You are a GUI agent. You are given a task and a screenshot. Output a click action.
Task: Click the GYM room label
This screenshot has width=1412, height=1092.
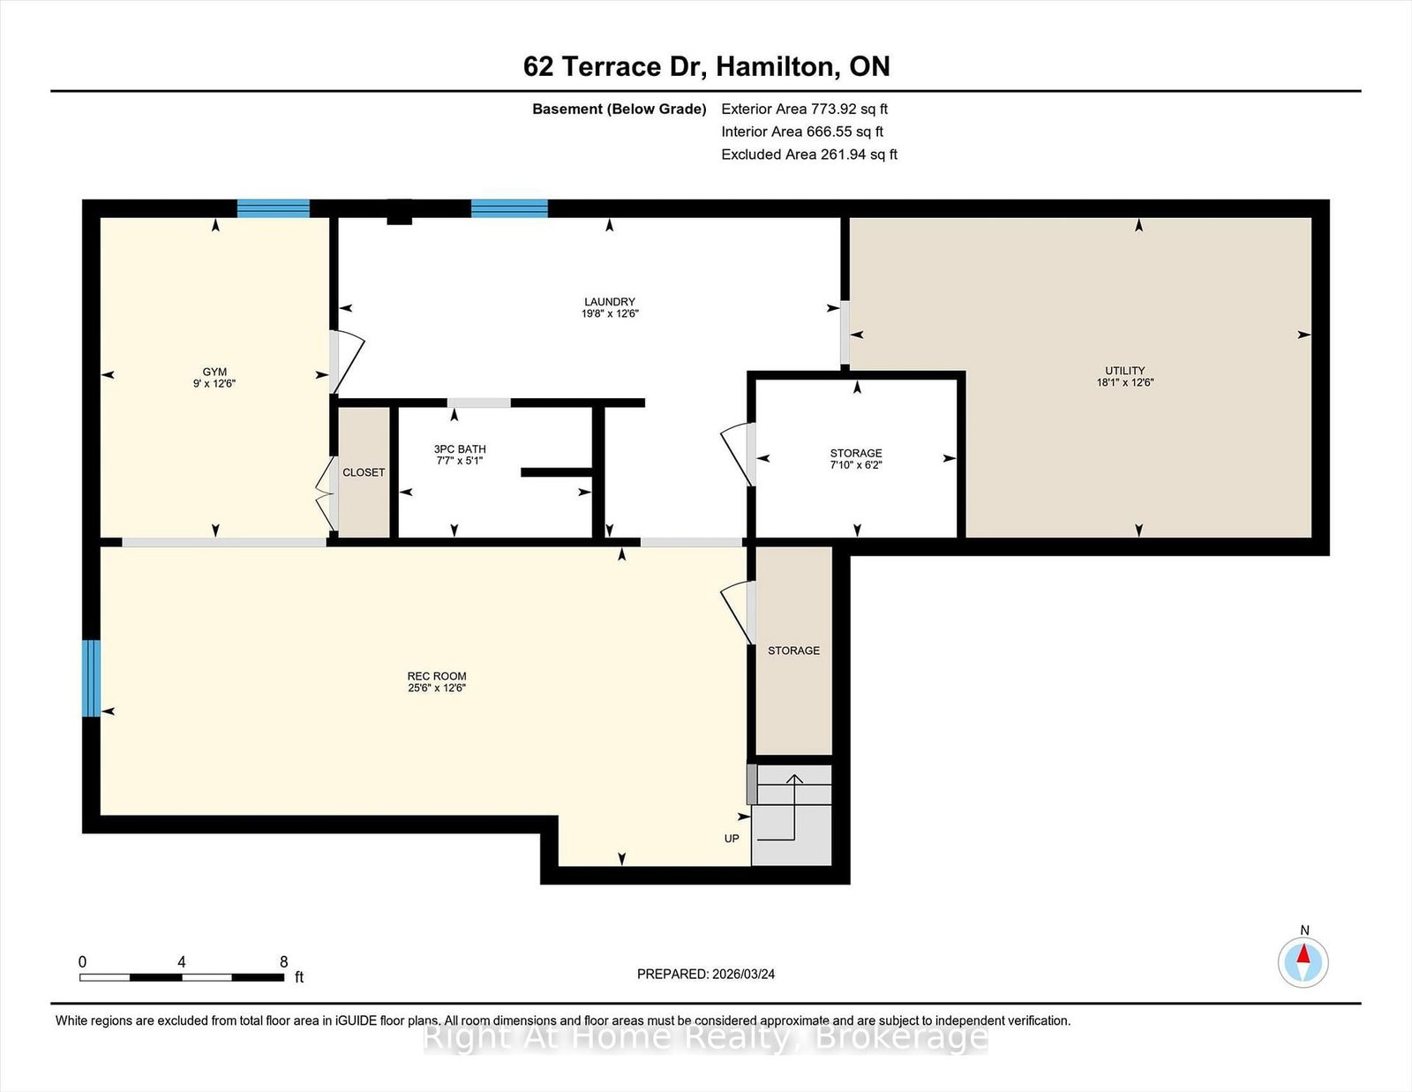(x=214, y=372)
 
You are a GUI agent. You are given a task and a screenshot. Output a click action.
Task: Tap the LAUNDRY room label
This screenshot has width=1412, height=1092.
(x=610, y=302)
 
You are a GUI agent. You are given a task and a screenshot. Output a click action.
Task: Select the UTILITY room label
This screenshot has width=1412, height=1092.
(x=1125, y=371)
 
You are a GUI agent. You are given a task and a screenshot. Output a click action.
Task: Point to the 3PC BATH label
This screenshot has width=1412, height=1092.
(x=460, y=449)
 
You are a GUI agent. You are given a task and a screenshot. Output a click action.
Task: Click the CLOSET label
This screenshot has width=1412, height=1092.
(x=364, y=472)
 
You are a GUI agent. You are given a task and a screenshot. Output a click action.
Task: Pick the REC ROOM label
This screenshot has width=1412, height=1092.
(x=437, y=676)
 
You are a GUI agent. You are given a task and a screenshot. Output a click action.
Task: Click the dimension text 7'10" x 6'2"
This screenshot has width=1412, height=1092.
(x=856, y=464)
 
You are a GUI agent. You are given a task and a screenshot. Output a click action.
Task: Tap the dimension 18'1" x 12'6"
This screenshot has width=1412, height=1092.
(x=1125, y=382)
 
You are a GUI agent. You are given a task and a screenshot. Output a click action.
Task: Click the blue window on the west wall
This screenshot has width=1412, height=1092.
(x=92, y=679)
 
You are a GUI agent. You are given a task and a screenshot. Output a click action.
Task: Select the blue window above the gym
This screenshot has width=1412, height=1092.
(x=273, y=208)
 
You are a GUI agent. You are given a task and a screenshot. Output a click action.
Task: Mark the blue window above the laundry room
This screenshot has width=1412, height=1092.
(x=509, y=208)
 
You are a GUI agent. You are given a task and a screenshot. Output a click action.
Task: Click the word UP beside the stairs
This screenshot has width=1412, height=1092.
(x=732, y=839)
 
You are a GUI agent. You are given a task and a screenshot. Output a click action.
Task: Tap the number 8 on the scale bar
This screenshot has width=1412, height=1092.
(x=284, y=962)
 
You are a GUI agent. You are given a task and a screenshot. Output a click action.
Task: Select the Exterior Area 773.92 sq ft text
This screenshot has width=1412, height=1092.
(x=805, y=109)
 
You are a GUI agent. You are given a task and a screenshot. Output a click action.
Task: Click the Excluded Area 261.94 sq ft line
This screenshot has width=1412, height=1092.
(x=809, y=154)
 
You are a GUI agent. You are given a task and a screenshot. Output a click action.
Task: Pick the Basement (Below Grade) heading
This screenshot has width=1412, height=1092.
(x=620, y=109)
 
